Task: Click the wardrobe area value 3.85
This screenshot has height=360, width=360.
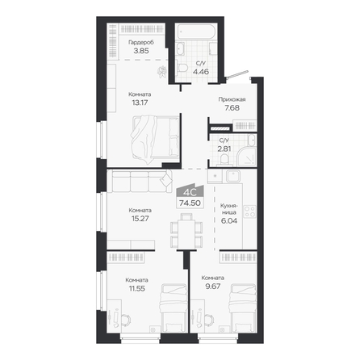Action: tap(141, 51)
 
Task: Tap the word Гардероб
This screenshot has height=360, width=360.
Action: tap(141, 43)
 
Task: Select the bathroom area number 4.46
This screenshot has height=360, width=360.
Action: tap(201, 72)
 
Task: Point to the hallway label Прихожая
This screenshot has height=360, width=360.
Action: tap(232, 99)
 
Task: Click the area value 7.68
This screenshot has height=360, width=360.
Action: tap(232, 108)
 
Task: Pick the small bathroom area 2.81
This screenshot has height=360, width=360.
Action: tap(224, 149)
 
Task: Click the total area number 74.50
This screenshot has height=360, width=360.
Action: tap(190, 203)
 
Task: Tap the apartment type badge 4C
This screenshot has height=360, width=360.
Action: tap(190, 192)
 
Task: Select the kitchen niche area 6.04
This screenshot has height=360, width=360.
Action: tap(229, 221)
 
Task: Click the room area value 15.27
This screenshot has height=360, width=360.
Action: tap(140, 219)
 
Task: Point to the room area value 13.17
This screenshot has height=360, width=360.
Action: tap(140, 103)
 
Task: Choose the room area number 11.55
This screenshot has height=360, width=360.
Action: tap(137, 289)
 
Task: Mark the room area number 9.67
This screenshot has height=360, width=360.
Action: tap(213, 287)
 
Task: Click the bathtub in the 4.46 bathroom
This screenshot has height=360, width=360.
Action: tap(195, 31)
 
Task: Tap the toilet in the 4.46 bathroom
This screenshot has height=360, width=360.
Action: tap(182, 67)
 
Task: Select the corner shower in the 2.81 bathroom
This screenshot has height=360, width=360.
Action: tap(247, 157)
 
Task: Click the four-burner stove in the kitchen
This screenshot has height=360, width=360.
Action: tap(249, 211)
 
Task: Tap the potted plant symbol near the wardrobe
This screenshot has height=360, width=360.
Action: tap(162, 72)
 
